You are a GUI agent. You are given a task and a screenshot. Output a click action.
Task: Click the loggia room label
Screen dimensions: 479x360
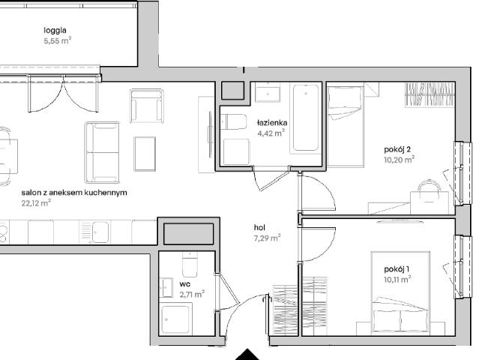click(x=55, y=30)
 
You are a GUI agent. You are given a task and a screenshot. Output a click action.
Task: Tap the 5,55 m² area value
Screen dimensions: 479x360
click(x=58, y=40)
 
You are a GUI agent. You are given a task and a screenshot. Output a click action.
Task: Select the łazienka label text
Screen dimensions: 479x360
click(x=272, y=123)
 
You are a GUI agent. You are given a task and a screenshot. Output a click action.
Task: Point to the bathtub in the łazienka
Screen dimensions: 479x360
click(x=306, y=118)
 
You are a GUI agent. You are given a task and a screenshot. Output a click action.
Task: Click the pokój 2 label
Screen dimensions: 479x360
click(x=397, y=149)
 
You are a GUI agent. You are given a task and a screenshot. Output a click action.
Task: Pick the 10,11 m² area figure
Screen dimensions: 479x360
click(x=397, y=279)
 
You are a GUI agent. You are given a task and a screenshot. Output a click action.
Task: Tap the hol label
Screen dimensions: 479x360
click(x=259, y=228)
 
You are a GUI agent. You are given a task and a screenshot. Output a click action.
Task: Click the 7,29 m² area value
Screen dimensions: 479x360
click(x=268, y=238)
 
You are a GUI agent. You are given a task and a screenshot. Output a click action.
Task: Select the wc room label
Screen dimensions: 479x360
click(x=185, y=284)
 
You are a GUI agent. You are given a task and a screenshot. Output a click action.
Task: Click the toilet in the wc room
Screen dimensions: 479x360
click(x=190, y=265)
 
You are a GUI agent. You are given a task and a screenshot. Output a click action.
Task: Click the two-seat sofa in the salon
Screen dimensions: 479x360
click(x=102, y=152)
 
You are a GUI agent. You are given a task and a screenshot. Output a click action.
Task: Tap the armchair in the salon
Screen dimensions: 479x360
click(x=147, y=106)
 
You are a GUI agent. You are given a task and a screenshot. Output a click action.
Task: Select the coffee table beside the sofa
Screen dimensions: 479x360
click(x=145, y=154)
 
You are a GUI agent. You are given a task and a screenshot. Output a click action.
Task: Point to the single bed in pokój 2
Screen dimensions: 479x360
click(x=346, y=127)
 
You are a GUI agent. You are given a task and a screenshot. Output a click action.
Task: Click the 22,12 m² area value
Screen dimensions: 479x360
click(x=36, y=203)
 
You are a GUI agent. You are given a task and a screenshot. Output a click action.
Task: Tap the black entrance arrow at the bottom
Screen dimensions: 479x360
click(x=247, y=355)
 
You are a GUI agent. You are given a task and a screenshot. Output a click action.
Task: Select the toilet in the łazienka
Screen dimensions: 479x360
click(x=234, y=121)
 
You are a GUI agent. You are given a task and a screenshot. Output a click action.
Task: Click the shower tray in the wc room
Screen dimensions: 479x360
click(x=175, y=319)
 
